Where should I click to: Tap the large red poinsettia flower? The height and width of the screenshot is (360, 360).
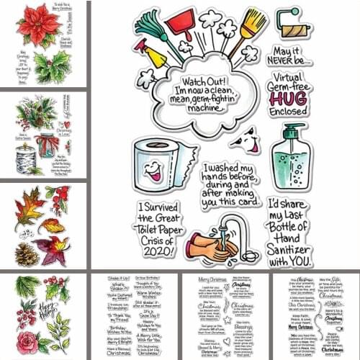[x=40, y=29]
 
